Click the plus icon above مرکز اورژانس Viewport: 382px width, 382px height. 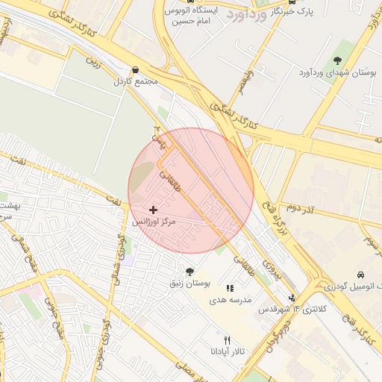click(154, 210)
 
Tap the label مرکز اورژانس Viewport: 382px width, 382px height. click(154, 222)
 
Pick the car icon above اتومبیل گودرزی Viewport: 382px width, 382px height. click(360, 274)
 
